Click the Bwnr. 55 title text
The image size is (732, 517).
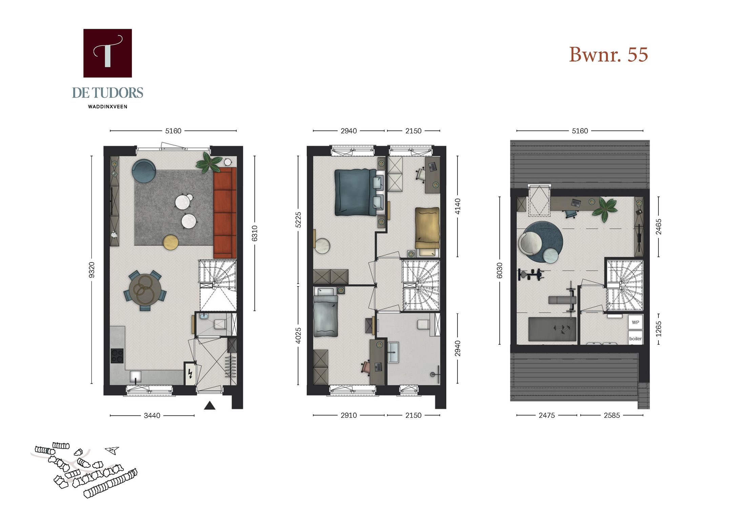point(608,55)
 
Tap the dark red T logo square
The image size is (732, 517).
point(107,53)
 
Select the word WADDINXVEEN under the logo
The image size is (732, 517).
point(107,107)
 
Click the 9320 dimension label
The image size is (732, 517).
point(91,270)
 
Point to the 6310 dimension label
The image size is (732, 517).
point(255,233)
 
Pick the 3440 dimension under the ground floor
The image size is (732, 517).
point(152,415)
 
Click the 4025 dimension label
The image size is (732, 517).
point(298,336)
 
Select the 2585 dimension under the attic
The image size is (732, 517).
point(611,415)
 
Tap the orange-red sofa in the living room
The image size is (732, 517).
point(225,213)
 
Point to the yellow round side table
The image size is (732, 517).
point(171,242)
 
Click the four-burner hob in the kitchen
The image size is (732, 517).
point(117,356)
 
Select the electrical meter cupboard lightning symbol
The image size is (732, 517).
point(190,373)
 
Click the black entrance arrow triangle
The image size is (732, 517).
point(209,405)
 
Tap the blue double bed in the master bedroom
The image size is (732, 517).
point(355,192)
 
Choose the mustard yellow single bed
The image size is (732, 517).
point(427,228)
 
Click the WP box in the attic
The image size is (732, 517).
point(635,322)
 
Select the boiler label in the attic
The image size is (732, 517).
point(635,339)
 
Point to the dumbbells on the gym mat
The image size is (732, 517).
point(562,329)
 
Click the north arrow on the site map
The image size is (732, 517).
point(112,450)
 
